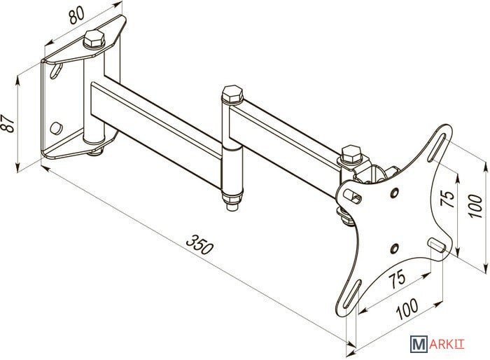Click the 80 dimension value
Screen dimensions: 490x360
click(x=76, y=15)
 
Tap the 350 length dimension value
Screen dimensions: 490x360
click(x=199, y=244)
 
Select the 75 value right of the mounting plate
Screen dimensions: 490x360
click(x=447, y=199)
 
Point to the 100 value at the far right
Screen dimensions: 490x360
click(x=475, y=206)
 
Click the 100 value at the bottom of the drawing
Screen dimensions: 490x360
click(x=407, y=309)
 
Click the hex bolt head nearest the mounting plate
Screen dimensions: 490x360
click(x=351, y=154)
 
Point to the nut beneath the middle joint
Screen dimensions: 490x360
click(x=232, y=202)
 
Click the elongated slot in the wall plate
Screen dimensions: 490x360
click(x=56, y=70)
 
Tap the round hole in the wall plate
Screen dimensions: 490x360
click(x=56, y=127)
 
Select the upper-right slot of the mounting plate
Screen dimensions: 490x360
click(x=437, y=147)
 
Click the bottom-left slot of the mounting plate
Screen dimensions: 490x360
click(x=351, y=294)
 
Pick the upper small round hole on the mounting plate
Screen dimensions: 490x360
click(x=394, y=193)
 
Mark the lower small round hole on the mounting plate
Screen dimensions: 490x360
click(x=394, y=249)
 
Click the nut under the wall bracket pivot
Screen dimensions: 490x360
click(x=95, y=152)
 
